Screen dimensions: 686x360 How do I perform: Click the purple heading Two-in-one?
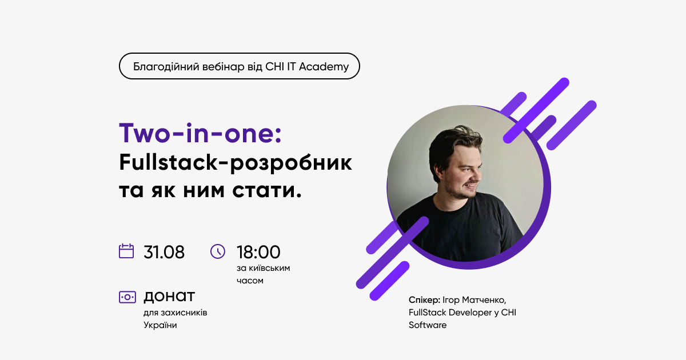pyautogui.click(x=200, y=134)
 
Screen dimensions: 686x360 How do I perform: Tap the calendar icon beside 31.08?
pyautogui.click(x=126, y=251)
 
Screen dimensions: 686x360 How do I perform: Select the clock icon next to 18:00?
pyautogui.click(x=218, y=251)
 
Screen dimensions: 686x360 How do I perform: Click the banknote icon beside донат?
pyautogui.click(x=127, y=297)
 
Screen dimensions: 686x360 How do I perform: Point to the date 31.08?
pyautogui.click(x=164, y=252)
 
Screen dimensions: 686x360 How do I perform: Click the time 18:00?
pyautogui.click(x=258, y=252)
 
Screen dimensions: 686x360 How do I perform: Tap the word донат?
pyautogui.click(x=169, y=297)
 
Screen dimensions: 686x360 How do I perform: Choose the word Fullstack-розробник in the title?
pyautogui.click(x=236, y=163)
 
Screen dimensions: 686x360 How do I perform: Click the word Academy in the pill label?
pyautogui.click(x=324, y=67)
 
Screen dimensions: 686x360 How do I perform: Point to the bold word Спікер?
pyautogui.click(x=424, y=300)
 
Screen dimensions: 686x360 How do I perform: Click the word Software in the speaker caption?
pyautogui.click(x=428, y=325)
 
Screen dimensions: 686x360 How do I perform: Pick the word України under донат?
pyautogui.click(x=160, y=325)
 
